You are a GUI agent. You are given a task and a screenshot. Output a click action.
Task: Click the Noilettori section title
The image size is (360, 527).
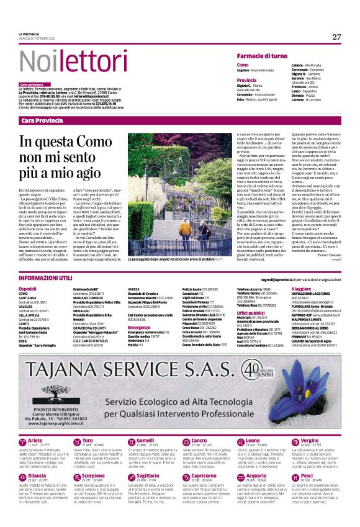point(62,60)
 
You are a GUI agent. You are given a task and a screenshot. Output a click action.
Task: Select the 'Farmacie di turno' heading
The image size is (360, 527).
point(262,56)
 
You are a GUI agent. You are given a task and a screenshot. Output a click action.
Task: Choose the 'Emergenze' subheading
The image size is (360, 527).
point(139,328)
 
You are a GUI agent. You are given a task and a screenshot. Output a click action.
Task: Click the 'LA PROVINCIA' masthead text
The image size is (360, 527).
point(30,33)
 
